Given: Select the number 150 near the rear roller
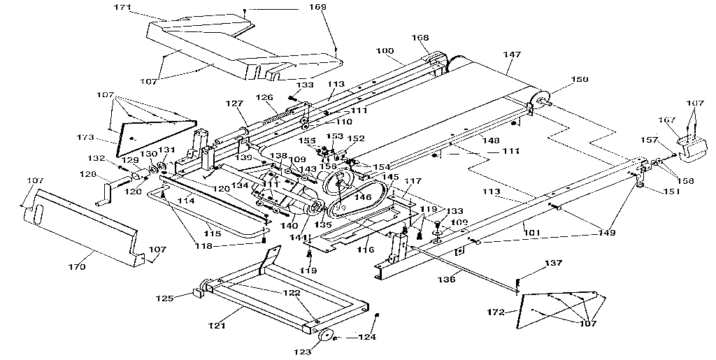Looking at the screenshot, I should click(580, 80).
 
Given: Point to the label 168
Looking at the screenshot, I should click(420, 38).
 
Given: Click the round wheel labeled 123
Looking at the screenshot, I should click(325, 336).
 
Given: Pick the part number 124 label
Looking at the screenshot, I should click(367, 337).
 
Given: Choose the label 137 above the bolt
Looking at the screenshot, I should click(552, 264).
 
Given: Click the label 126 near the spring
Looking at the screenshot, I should click(263, 97).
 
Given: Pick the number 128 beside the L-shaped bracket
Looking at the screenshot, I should click(88, 173).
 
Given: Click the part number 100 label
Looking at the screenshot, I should click(385, 51).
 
